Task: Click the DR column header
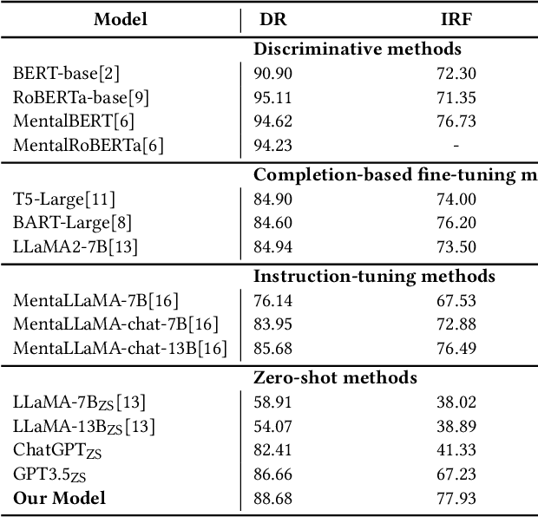click(x=274, y=19)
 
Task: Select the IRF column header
click(x=456, y=19)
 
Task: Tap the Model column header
click(x=121, y=19)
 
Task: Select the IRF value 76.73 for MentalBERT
click(x=456, y=121)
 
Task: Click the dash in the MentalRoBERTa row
click(x=456, y=146)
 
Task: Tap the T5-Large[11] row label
click(x=64, y=200)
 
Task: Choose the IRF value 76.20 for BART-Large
click(x=456, y=224)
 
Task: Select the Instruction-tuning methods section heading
click(x=374, y=276)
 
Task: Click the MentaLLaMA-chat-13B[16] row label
click(x=120, y=349)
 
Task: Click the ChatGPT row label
click(x=53, y=449)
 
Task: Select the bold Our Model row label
click(x=59, y=498)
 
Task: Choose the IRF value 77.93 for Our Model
click(x=456, y=498)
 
